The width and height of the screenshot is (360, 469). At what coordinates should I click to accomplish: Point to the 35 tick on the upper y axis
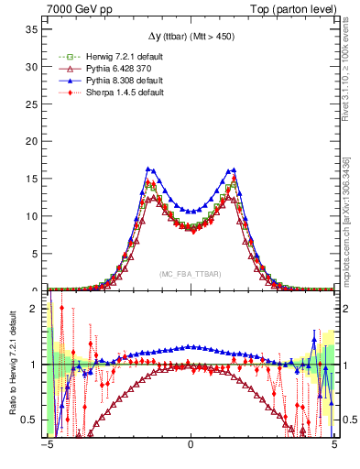tap(34, 29)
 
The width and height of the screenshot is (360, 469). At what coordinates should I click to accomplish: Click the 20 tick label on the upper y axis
tap(34, 141)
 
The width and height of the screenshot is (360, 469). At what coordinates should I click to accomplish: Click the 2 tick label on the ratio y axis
tap(37, 309)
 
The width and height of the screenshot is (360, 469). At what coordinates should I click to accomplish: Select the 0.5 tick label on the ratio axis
tap(33, 420)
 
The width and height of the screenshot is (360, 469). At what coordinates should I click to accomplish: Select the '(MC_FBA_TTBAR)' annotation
tap(191, 274)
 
